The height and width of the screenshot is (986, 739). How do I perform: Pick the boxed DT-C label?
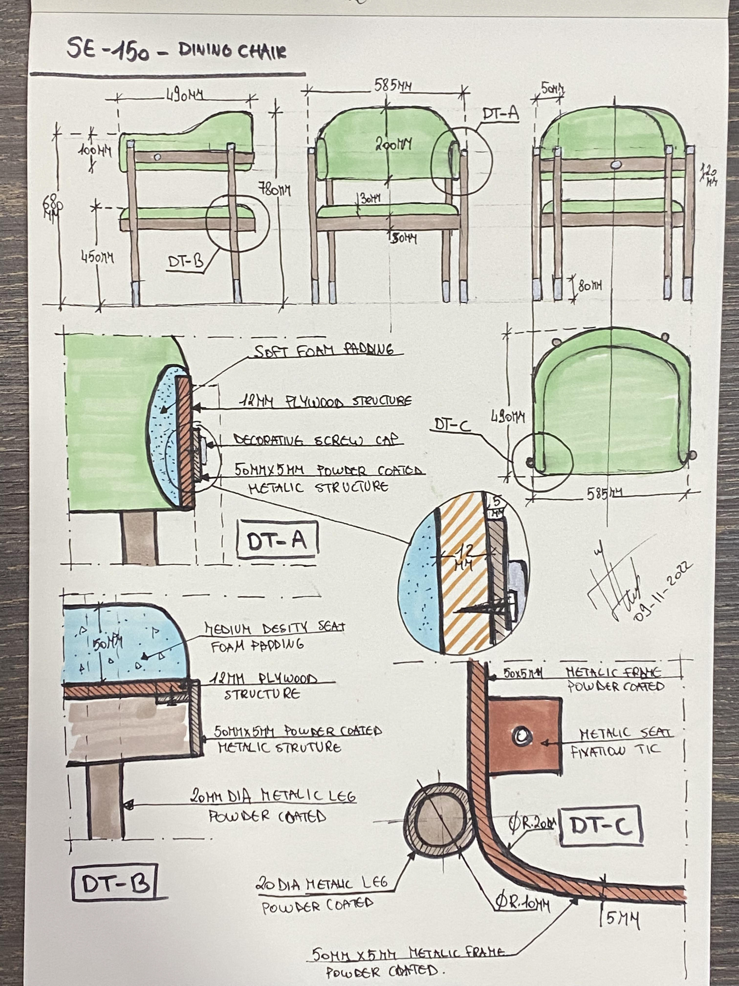(x=600, y=826)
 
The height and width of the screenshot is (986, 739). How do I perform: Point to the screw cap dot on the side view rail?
(x=157, y=157)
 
